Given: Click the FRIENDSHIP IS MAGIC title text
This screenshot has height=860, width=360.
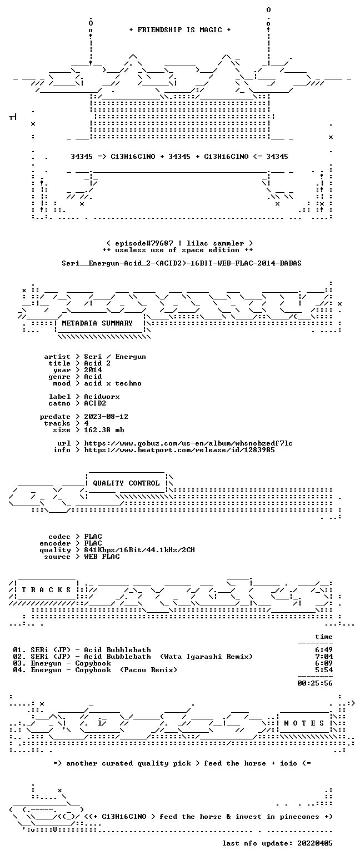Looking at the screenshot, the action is tap(180, 29).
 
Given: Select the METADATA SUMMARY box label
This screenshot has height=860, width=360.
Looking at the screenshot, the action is tap(97, 323).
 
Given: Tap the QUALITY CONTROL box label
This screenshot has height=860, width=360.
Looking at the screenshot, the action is tap(126, 483).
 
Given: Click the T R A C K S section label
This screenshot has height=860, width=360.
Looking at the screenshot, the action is tap(47, 589).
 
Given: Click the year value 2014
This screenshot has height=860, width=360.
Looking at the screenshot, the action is tap(93, 370).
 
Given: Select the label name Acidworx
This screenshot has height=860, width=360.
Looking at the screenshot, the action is tap(102, 397).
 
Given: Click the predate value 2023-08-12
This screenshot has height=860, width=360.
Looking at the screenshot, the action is tap(106, 417).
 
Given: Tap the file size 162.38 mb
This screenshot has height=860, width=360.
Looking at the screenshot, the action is tap(104, 430).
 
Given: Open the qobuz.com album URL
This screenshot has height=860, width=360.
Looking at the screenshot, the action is tap(188, 443).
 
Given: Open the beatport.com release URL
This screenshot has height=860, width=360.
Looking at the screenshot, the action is tap(179, 450).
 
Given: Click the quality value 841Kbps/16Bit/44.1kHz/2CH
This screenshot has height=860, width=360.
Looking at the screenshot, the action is tap(139, 550).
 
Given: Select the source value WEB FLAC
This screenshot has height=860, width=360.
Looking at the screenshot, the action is tap(102, 557).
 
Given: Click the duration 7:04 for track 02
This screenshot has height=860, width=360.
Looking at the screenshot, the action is tap(324, 657).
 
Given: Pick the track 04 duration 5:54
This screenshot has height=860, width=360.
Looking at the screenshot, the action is tap(324, 670).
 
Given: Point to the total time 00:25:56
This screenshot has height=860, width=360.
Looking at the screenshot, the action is tap(314, 683).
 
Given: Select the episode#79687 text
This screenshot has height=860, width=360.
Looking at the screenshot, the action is tap(144, 243).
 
